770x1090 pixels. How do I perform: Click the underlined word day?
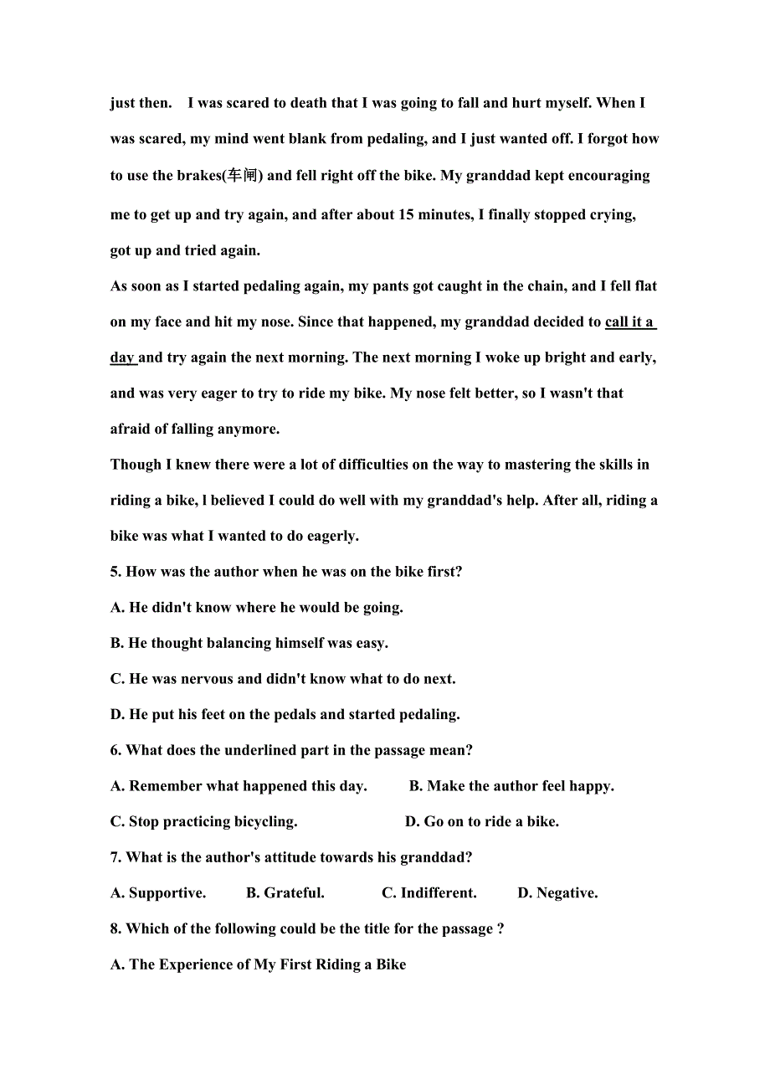[x=122, y=357]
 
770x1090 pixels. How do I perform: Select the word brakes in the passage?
[x=198, y=176]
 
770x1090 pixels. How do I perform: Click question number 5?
[x=116, y=572]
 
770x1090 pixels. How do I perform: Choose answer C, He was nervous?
[x=283, y=679]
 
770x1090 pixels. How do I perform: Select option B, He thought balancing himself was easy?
[x=249, y=643]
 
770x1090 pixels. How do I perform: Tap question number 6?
[x=116, y=750]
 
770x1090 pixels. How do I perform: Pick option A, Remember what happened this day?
[x=239, y=786]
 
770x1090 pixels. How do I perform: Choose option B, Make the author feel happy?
[x=511, y=786]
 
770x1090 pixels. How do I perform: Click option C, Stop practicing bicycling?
[x=203, y=822]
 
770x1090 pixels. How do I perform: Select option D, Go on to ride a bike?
[x=482, y=822]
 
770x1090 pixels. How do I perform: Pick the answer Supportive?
[x=158, y=893]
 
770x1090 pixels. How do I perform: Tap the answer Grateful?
[x=285, y=893]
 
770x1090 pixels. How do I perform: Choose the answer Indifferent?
[x=429, y=893]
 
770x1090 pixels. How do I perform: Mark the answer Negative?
[x=557, y=893]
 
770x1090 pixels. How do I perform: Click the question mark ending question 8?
[x=501, y=929]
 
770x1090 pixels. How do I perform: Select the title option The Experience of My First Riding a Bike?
[x=258, y=964]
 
